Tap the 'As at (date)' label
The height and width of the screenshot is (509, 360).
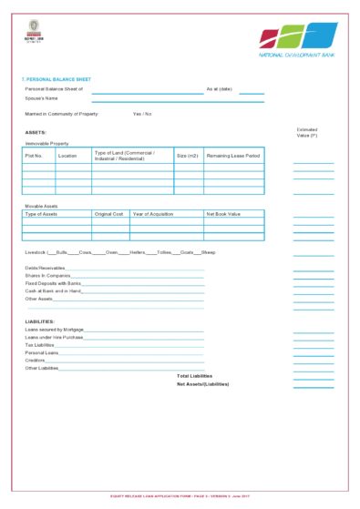(x=220, y=89)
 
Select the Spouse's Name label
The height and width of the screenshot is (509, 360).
(x=41, y=97)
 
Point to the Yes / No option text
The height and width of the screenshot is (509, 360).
(x=142, y=114)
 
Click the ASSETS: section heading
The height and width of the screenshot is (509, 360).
(x=36, y=133)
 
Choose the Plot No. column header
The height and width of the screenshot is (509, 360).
(x=34, y=156)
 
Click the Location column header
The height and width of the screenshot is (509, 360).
(x=67, y=156)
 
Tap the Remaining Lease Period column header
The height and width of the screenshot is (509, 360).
(x=233, y=156)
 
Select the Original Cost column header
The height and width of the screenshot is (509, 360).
(x=108, y=214)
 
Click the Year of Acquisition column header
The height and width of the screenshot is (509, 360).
(x=152, y=214)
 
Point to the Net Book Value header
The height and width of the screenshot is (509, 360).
(x=222, y=214)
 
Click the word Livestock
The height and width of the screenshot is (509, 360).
(x=35, y=251)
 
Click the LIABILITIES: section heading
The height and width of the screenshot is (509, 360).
(x=40, y=321)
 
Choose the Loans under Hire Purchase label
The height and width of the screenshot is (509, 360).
(x=54, y=337)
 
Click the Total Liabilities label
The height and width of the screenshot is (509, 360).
(x=194, y=376)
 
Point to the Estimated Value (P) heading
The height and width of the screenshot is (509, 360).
(x=307, y=133)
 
